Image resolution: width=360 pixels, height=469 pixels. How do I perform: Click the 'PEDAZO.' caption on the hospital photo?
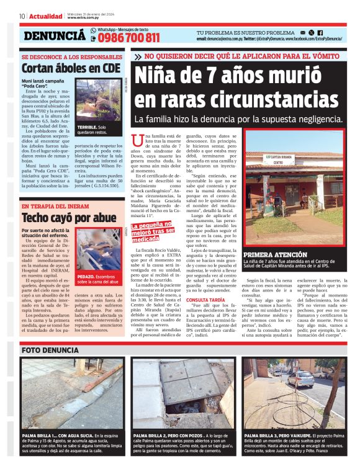click(x=87, y=276)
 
